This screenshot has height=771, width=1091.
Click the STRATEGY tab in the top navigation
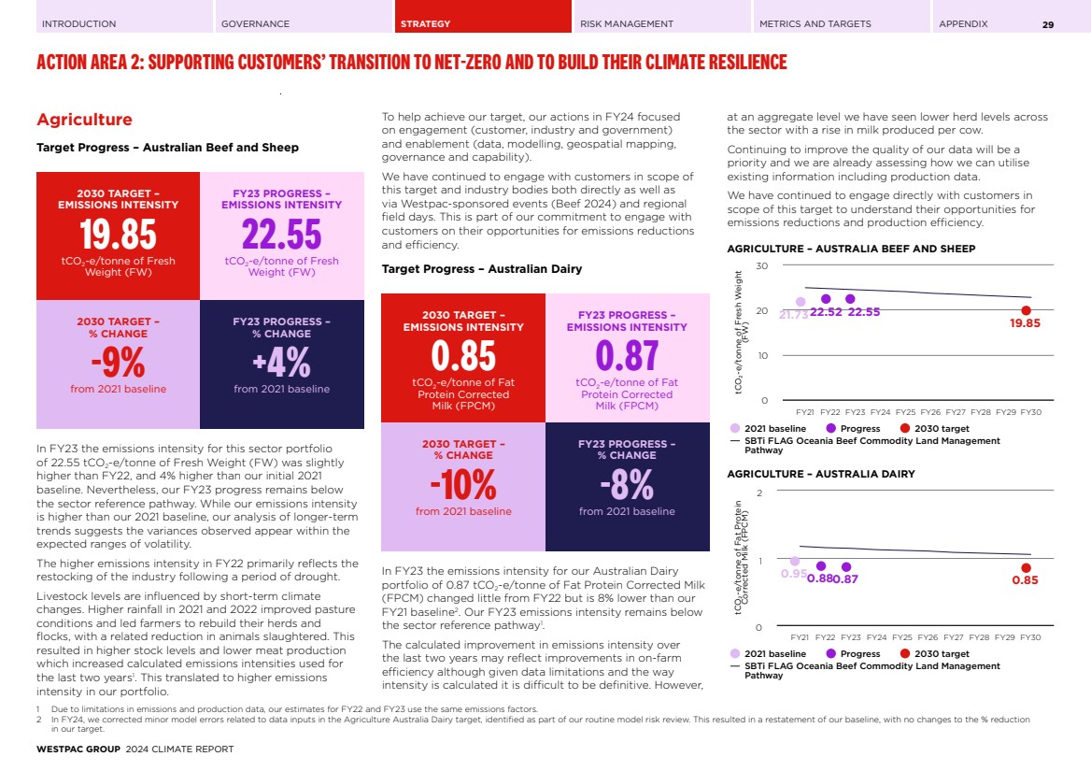425,23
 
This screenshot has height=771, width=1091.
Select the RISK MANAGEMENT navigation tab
626,23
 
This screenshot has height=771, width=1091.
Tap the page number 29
1048,24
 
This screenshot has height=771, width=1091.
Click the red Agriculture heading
84,120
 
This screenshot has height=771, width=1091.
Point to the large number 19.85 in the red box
118,235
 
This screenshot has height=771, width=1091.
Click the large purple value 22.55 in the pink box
281,235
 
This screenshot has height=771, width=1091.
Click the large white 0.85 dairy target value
463,356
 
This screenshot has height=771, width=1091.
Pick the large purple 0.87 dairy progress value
627,356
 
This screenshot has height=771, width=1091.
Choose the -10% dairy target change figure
463,484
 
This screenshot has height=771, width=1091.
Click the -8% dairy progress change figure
627,484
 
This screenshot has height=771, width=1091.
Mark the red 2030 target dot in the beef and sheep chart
1026,310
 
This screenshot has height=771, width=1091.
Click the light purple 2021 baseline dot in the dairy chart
795,562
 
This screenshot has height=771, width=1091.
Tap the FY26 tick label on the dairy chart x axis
930,636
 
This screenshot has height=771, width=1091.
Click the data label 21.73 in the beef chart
793,315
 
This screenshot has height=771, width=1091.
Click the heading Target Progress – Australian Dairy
481,269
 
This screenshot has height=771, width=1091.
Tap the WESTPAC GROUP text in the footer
78,750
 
